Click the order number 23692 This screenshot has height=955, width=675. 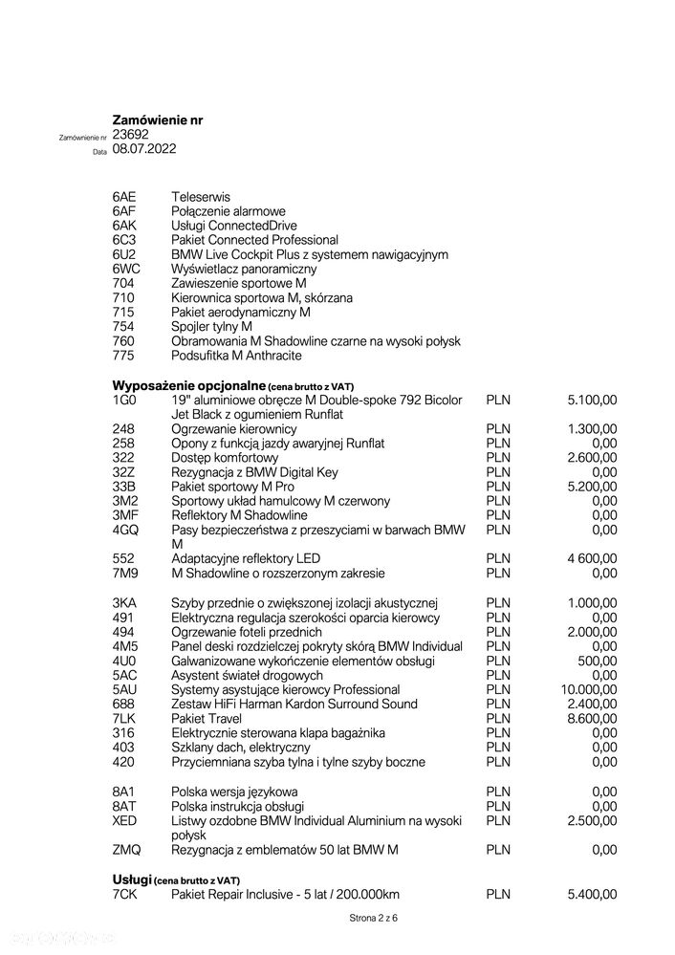[130, 135]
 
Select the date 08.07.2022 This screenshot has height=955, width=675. [143, 149]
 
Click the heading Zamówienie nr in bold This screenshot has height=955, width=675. [157, 120]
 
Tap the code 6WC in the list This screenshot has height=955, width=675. [126, 269]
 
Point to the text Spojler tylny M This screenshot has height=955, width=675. [211, 327]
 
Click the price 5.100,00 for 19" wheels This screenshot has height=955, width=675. [592, 400]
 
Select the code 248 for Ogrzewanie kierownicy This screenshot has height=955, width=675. [122, 429]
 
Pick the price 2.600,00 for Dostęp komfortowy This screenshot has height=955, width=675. [592, 458]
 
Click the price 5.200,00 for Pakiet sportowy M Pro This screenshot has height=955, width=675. [592, 487]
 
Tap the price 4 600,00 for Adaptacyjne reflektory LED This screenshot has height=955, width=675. [591, 558]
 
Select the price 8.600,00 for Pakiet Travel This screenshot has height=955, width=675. [592, 718]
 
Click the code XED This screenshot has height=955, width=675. [124, 820]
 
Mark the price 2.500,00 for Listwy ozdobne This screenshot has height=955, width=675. [592, 820]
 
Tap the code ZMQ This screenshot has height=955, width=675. [125, 850]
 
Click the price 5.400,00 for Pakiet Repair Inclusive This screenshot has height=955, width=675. [592, 894]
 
